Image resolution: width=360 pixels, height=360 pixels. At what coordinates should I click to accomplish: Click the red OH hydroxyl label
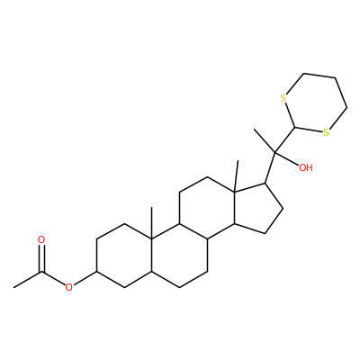point(306,167)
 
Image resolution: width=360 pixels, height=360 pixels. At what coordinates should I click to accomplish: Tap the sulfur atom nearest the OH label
point(326,132)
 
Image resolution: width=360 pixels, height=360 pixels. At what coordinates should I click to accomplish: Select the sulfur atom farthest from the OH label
point(283,98)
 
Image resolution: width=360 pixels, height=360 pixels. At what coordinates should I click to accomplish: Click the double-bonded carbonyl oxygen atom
point(41,240)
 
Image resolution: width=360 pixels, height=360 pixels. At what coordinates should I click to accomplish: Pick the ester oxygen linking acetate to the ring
point(69,287)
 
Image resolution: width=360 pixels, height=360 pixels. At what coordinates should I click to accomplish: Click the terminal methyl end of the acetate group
point(14,287)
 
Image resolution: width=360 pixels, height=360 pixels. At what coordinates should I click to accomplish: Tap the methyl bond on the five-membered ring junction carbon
point(237,175)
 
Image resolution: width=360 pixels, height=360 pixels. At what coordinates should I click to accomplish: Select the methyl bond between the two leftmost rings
point(152,223)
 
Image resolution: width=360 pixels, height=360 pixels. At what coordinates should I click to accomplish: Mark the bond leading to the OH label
point(286,158)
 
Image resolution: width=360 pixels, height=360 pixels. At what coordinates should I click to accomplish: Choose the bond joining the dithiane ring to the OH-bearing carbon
point(285,140)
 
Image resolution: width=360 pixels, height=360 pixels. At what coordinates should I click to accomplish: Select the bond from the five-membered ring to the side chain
point(270,167)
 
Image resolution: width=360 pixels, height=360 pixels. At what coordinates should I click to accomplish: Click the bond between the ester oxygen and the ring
point(85,277)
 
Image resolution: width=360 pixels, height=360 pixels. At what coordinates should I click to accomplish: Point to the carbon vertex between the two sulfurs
point(296,128)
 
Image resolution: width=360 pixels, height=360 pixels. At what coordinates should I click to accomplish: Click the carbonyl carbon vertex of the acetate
point(41,272)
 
